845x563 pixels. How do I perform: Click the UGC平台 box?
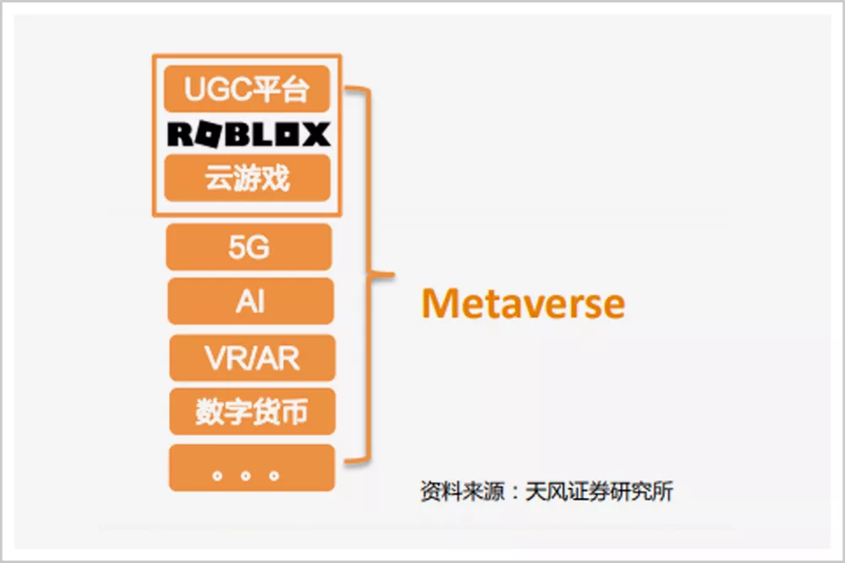[247, 89]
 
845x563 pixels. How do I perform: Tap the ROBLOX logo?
[248, 134]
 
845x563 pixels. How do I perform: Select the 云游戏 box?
[247, 178]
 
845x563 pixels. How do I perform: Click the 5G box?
[249, 247]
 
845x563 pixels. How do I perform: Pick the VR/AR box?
[252, 358]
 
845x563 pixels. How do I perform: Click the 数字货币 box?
[252, 412]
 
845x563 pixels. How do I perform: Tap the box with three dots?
[252, 468]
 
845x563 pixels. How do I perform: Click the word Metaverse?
[523, 303]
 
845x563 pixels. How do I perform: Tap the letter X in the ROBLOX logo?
[314, 134]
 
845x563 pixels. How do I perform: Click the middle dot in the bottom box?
[246, 476]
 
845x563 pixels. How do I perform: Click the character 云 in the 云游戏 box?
[219, 178]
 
